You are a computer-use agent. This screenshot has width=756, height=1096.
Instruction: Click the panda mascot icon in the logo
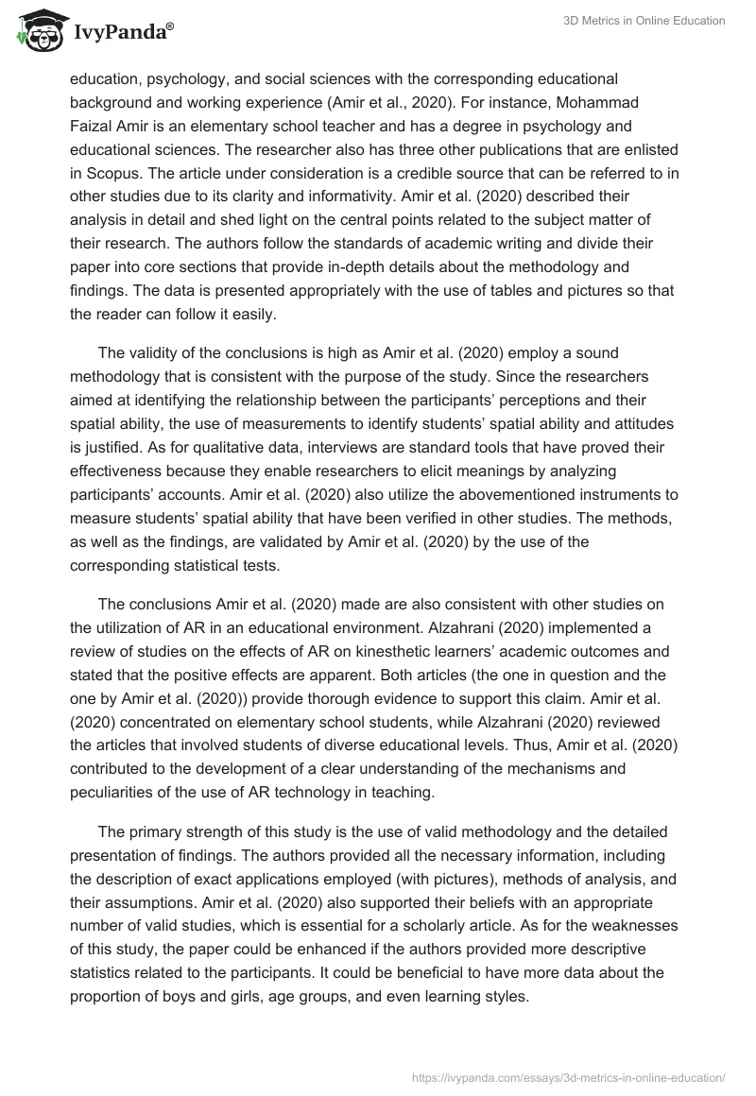[x=35, y=32]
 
